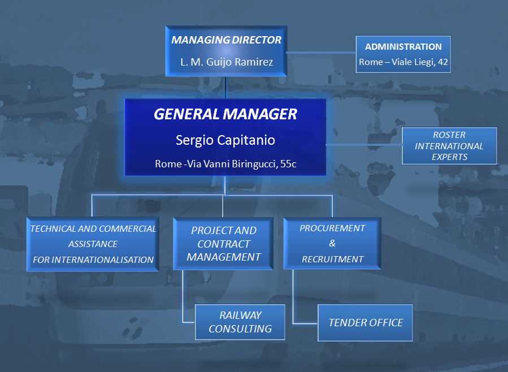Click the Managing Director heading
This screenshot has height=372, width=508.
click(226, 40)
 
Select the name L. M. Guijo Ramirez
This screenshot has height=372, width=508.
click(227, 62)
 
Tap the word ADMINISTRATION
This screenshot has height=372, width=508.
click(403, 47)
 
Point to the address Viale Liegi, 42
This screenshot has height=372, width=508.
click(419, 62)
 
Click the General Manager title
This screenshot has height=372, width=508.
click(225, 114)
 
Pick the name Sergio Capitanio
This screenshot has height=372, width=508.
click(225, 140)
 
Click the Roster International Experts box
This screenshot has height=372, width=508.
click(449, 146)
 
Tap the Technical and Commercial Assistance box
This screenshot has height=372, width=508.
click(93, 244)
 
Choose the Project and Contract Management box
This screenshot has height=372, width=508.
click(223, 244)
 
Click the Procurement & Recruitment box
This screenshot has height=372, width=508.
click(332, 243)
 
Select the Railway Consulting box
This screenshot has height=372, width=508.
click(240, 322)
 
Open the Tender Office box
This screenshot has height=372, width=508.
click(365, 323)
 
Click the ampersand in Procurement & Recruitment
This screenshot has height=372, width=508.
click(332, 243)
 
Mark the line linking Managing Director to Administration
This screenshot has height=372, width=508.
click(321, 52)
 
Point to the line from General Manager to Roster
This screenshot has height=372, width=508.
click(364, 145)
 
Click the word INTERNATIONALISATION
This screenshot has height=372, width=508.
click(102, 259)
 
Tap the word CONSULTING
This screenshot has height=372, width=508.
click(240, 328)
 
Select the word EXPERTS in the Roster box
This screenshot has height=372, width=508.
click(449, 157)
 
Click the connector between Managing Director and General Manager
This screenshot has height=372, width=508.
click(225, 88)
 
